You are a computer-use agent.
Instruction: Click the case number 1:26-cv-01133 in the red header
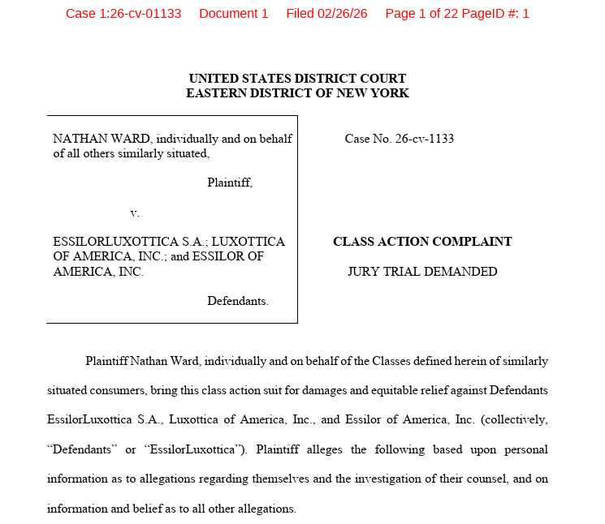tap(123, 14)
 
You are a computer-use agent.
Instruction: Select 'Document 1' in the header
tap(233, 14)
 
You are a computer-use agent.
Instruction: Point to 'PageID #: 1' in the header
tap(492, 14)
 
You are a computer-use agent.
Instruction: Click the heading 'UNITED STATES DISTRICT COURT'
tap(297, 79)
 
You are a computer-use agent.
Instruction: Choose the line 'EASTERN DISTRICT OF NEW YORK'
tap(297, 93)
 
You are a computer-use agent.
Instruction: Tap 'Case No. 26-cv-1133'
tap(399, 139)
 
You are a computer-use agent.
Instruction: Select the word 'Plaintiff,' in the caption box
tap(229, 183)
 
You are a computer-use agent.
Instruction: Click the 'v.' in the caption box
tap(135, 213)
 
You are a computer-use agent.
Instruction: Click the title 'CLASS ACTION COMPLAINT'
tap(422, 242)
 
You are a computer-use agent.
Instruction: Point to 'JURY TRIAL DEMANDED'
tap(422, 272)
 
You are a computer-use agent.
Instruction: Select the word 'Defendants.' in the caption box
tap(237, 301)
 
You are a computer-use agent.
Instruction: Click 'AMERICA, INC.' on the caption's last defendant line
tap(98, 272)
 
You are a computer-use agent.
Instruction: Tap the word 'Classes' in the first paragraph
tap(391, 361)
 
